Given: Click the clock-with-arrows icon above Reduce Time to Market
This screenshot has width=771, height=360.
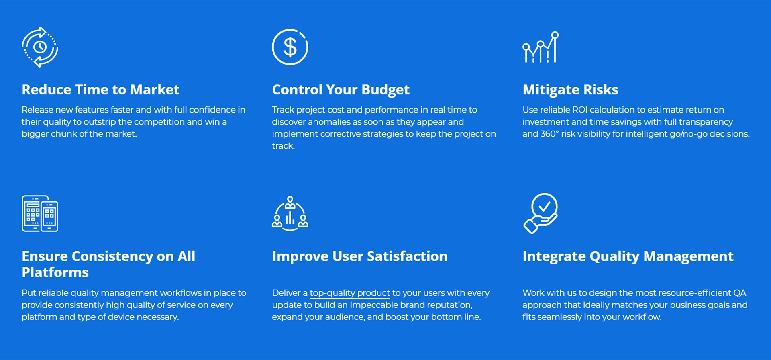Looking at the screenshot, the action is click(x=40, y=47).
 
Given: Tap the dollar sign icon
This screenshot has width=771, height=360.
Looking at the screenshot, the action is click(x=290, y=47).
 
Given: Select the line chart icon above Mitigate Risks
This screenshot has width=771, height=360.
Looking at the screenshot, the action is click(x=541, y=47).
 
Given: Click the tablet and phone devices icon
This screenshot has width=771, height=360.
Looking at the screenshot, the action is click(x=40, y=214).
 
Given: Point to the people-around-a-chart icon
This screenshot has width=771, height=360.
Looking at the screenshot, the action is click(x=290, y=214).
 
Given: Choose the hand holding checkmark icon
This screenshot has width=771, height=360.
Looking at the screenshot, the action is click(x=541, y=214).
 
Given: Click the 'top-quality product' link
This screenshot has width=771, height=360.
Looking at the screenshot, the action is click(x=350, y=293).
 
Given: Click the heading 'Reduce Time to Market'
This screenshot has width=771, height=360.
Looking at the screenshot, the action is click(x=100, y=90).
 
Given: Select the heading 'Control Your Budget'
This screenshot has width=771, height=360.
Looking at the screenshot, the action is click(x=341, y=90).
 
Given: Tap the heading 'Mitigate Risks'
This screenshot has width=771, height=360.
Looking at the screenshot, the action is click(x=570, y=90).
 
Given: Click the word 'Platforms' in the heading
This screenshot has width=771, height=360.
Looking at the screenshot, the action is click(x=55, y=272).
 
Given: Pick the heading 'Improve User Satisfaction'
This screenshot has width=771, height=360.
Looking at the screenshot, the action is click(x=360, y=256).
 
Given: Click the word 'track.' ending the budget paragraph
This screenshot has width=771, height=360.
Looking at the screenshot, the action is click(x=284, y=146).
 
